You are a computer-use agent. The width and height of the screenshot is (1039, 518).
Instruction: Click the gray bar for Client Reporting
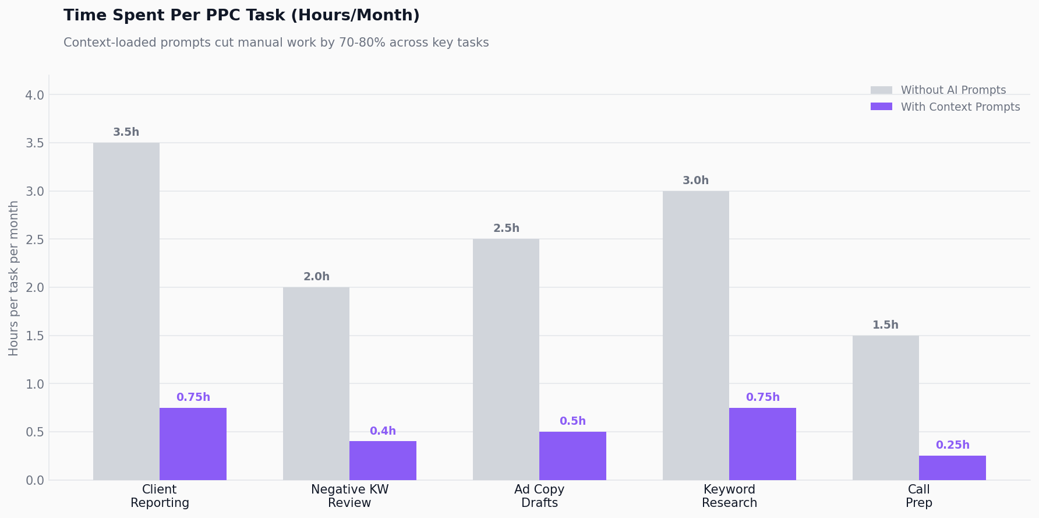click(x=126, y=312)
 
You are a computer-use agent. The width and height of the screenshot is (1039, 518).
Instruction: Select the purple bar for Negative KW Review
click(x=383, y=461)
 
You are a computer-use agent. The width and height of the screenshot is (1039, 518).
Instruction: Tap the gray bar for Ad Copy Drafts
click(x=506, y=360)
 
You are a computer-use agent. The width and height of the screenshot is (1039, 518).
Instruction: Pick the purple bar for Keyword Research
click(x=762, y=444)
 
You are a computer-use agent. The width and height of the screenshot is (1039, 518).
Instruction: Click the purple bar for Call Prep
click(x=952, y=468)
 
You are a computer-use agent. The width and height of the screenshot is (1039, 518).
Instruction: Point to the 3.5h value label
click(x=126, y=132)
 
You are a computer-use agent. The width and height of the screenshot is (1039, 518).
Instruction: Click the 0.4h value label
click(x=383, y=431)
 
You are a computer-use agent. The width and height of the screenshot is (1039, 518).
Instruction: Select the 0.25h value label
click(x=952, y=445)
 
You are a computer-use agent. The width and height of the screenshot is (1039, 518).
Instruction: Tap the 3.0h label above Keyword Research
click(x=695, y=181)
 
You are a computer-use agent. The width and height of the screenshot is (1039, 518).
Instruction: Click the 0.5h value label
click(x=572, y=421)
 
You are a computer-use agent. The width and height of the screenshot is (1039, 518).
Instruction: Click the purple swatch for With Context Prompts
click(x=881, y=107)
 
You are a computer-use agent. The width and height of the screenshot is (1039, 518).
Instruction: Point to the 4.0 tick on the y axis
click(x=35, y=95)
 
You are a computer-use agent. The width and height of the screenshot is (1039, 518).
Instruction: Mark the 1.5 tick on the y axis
click(x=35, y=336)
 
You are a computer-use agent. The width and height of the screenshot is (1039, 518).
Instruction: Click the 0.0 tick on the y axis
click(x=35, y=481)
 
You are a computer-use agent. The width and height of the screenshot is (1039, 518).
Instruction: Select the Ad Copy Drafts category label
click(x=539, y=496)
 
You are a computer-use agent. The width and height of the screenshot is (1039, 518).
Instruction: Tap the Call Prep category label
click(x=918, y=496)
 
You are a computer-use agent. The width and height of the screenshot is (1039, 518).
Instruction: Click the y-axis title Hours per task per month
click(x=14, y=278)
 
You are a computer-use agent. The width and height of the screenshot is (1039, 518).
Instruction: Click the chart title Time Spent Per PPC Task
click(x=241, y=16)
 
